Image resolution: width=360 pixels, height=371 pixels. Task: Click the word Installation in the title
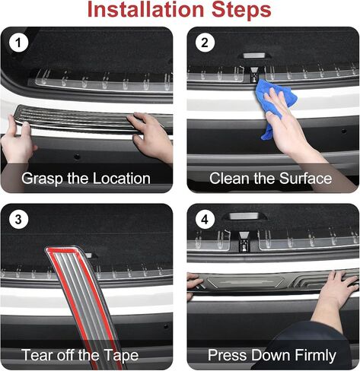[145, 9]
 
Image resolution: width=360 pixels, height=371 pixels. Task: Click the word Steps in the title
[241, 10]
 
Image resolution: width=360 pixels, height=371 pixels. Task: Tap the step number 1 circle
[18, 43]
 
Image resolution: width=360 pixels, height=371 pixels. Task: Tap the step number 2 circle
[205, 43]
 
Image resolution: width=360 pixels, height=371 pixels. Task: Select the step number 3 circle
[18, 219]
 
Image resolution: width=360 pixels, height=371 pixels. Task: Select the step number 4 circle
[205, 219]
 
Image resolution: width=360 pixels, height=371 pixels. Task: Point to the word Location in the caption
[122, 179]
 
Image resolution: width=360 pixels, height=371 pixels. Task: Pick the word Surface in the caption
[306, 178]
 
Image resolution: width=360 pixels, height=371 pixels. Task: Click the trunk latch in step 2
[253, 75]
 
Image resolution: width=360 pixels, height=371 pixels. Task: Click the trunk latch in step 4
[244, 242]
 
